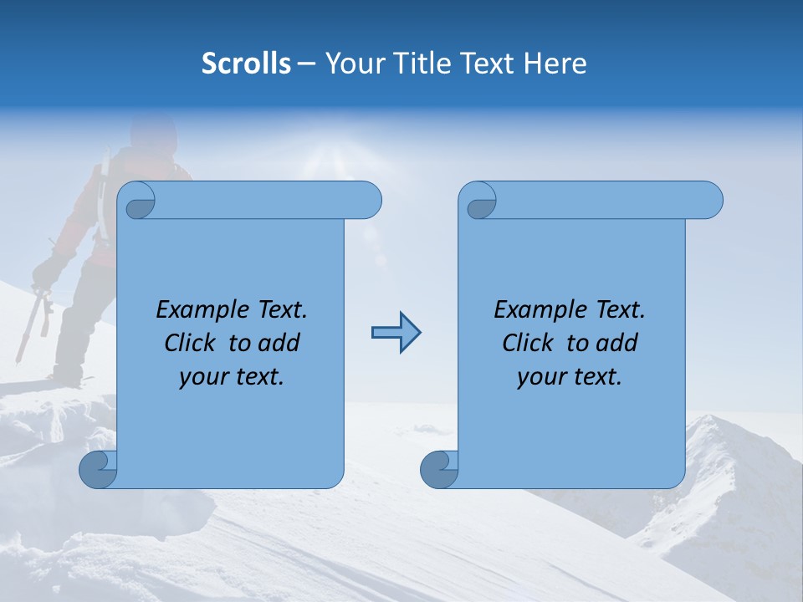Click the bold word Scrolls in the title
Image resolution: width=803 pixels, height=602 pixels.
coord(247,64)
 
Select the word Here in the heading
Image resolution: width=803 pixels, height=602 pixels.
coord(555,64)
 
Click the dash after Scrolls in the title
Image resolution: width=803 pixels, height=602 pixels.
coord(306,64)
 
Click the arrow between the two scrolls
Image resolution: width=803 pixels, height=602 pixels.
coord(396,333)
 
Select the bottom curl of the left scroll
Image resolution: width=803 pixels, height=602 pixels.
coord(97,470)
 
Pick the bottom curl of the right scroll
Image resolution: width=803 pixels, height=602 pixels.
coord(438,470)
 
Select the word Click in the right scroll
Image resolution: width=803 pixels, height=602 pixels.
coord(528,343)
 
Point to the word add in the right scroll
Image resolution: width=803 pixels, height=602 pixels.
coord(616,343)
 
